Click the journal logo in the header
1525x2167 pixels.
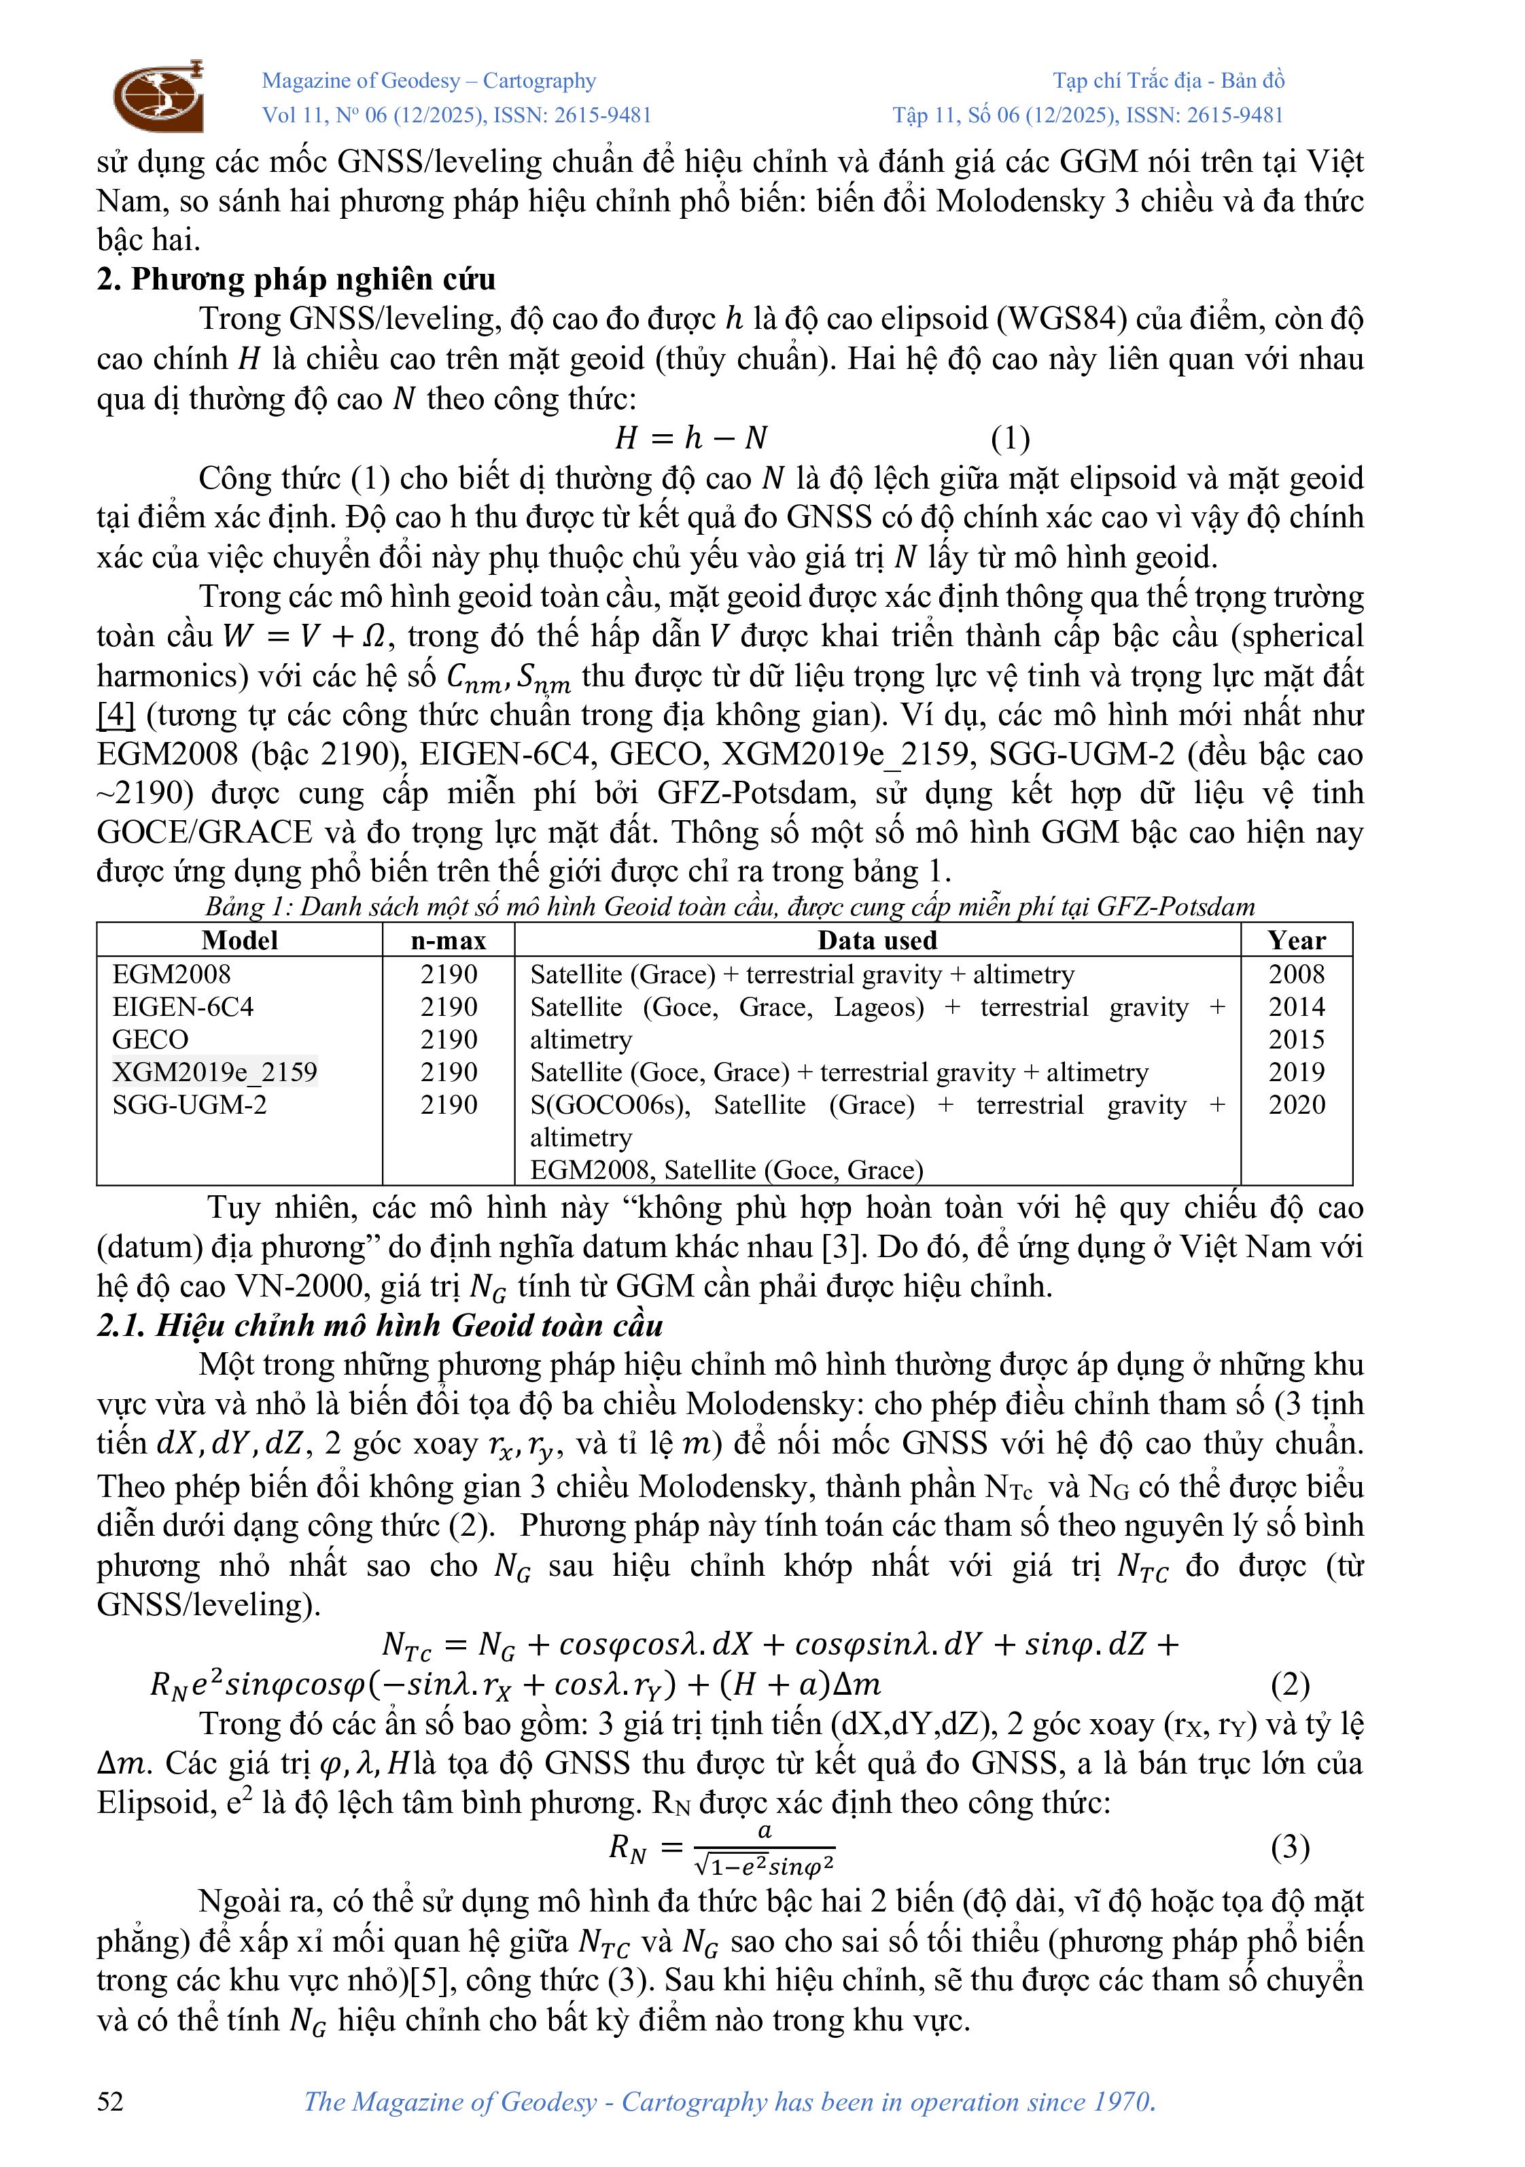158,95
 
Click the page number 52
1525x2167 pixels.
110,2101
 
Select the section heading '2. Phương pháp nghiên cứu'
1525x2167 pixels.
296,279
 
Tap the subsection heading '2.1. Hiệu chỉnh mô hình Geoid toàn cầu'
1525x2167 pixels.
379,1325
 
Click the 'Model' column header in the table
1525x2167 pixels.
240,940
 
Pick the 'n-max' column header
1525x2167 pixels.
449,940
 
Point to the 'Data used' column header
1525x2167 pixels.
877,940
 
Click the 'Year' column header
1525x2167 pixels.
1296,940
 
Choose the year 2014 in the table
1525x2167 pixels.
1296,1007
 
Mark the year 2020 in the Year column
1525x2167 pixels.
1296,1104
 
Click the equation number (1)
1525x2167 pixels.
1010,438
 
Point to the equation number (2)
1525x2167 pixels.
1289,1684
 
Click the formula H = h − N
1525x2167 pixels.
690,438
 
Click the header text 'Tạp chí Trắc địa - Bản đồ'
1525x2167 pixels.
1168,81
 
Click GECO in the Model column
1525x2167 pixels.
150,1039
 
